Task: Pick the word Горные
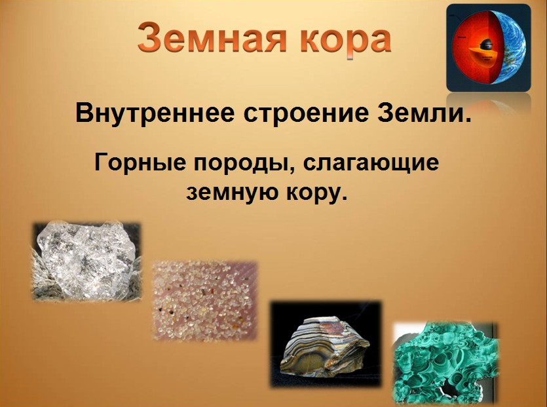(x=140, y=163)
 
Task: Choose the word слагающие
(x=371, y=165)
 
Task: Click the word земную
(x=232, y=193)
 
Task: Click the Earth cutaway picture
(x=489, y=48)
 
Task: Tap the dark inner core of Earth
(x=486, y=45)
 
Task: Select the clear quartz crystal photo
(x=87, y=261)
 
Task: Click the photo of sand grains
(x=206, y=301)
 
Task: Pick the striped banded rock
(x=325, y=345)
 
